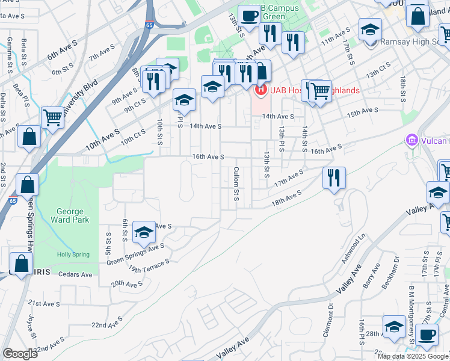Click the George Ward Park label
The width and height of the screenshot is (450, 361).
(x=73, y=215)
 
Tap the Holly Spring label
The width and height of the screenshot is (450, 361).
(x=73, y=255)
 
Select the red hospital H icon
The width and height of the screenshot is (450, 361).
(x=261, y=91)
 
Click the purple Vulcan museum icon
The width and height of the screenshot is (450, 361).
(x=412, y=141)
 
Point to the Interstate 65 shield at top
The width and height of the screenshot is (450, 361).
(x=164, y=27)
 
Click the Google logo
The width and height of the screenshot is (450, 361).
(x=20, y=354)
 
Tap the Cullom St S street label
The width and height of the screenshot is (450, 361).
(x=237, y=184)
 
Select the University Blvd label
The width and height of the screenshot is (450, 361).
(x=82, y=96)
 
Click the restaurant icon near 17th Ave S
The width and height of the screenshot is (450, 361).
(x=333, y=177)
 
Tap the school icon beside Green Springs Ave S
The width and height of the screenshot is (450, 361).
(x=144, y=232)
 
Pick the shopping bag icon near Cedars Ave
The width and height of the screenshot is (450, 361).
(x=21, y=264)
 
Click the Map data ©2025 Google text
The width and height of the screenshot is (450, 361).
(x=413, y=356)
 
